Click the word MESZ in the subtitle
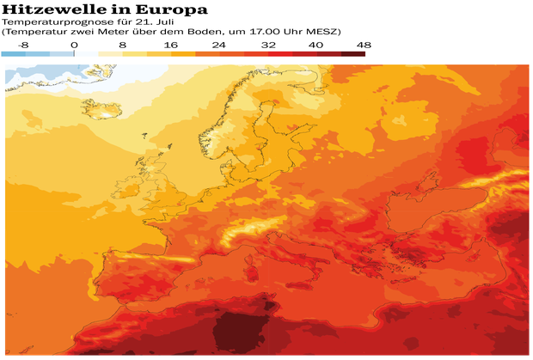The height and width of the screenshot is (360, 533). tap(283, 31)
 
